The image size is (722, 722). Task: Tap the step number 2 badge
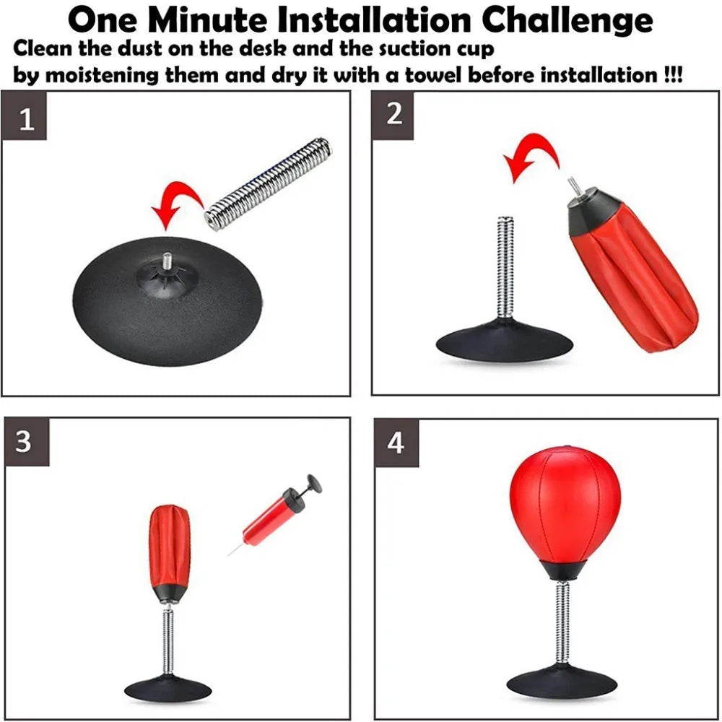(x=394, y=114)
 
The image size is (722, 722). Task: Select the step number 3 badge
(x=25, y=442)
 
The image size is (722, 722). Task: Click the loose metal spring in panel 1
(x=268, y=184)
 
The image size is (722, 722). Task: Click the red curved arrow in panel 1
(x=177, y=204)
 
